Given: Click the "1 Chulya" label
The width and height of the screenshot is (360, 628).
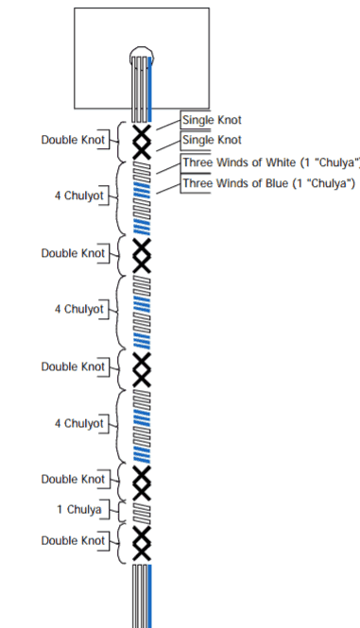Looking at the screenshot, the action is [x=79, y=509].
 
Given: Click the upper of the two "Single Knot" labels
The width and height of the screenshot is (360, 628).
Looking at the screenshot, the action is [x=212, y=120].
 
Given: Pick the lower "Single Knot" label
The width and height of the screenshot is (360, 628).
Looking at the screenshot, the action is [x=212, y=140].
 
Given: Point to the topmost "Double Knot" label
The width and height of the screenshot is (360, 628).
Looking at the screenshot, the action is [x=73, y=140].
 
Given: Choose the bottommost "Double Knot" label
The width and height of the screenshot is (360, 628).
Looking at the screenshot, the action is [x=73, y=540].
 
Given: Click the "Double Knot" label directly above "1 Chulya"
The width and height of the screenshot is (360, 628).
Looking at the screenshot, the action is [x=73, y=479].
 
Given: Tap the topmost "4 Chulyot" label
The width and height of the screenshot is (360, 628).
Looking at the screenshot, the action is [x=79, y=195].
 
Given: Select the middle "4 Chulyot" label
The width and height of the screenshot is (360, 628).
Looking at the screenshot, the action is [x=79, y=309].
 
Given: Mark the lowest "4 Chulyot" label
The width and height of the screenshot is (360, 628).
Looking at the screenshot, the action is [x=79, y=423].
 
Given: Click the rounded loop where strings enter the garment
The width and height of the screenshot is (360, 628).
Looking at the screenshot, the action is [x=142, y=47].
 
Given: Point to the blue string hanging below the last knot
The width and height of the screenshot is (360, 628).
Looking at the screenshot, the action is [x=150, y=596].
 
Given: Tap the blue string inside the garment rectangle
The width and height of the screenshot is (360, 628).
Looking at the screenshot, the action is [x=150, y=89].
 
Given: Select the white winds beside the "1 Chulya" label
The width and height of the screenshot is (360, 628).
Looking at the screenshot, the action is [x=142, y=513].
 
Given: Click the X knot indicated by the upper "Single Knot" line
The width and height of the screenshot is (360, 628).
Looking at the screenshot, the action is [x=142, y=133].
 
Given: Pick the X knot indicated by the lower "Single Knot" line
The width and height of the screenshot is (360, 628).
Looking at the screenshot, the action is [x=142, y=150].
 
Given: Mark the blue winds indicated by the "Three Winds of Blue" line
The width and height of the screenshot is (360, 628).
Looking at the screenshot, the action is [x=142, y=190].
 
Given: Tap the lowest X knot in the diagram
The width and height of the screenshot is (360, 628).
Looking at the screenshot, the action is [x=142, y=552].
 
